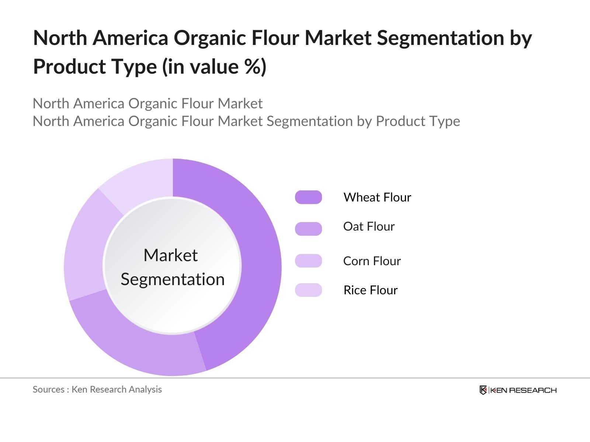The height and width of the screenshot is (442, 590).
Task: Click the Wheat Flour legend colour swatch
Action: pyautogui.click(x=308, y=197)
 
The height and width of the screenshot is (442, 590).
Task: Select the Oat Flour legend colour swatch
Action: pyautogui.click(x=308, y=229)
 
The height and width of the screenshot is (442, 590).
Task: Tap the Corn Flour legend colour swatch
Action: pyautogui.click(x=308, y=261)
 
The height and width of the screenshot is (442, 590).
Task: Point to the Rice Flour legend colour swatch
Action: pyautogui.click(x=308, y=290)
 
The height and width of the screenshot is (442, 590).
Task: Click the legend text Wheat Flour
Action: pyautogui.click(x=377, y=197)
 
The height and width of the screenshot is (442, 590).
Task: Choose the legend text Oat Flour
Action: pyautogui.click(x=369, y=227)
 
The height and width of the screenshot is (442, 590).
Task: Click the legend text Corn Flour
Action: pyautogui.click(x=372, y=261)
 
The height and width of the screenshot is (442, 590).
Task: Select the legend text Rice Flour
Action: pyautogui.click(x=370, y=290)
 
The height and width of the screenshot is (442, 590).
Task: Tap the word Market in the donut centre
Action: pyautogui.click(x=170, y=255)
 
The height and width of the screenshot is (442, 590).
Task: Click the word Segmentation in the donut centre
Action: pyautogui.click(x=173, y=279)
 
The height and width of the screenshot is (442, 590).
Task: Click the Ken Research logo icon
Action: pyautogui.click(x=483, y=390)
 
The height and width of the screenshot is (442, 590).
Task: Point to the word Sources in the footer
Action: pyautogui.click(x=48, y=389)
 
